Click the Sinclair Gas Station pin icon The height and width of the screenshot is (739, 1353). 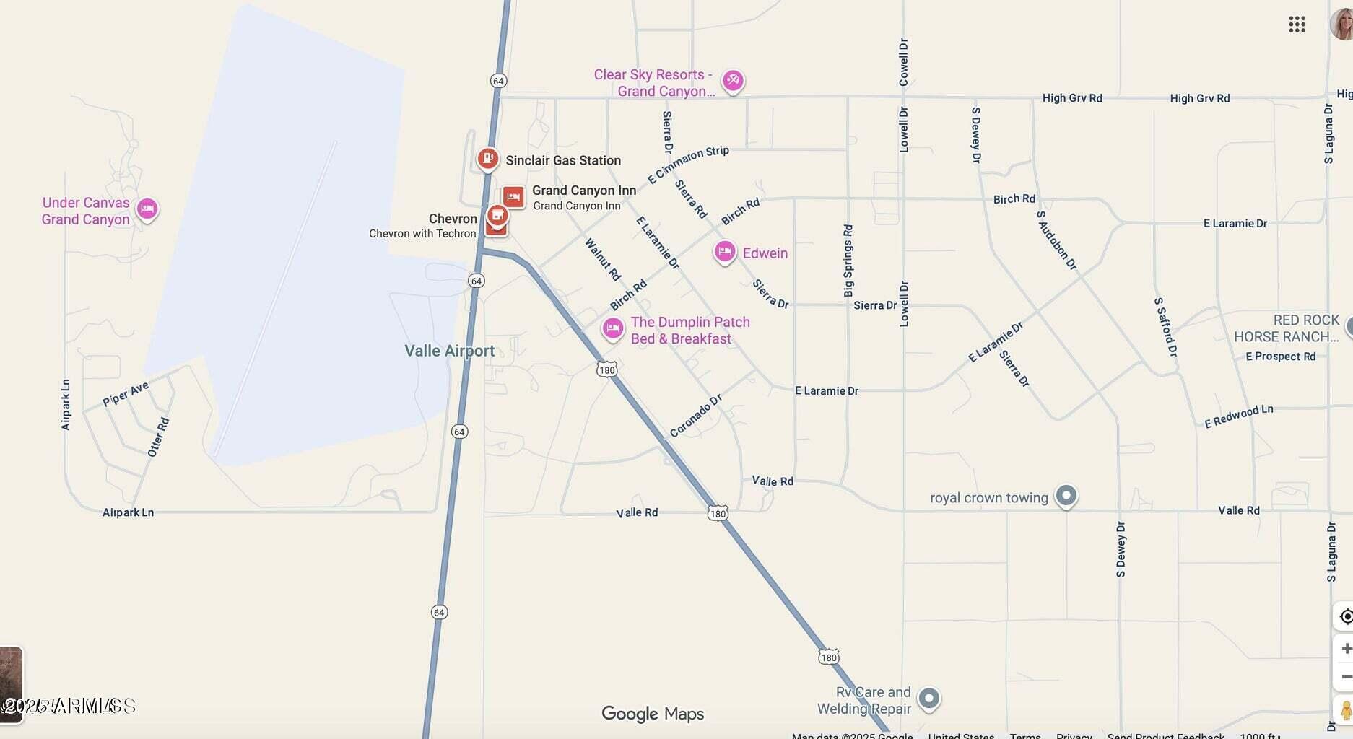click(x=488, y=158)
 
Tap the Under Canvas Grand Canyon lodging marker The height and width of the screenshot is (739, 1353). click(x=147, y=209)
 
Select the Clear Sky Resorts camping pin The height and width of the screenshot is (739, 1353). click(x=733, y=80)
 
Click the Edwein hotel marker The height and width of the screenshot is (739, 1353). click(x=725, y=252)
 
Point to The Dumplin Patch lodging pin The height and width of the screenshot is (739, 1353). click(x=613, y=328)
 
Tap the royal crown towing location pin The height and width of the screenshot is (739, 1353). click(x=1066, y=496)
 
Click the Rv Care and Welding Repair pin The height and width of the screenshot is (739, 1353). click(x=928, y=698)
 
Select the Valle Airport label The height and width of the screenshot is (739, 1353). click(x=449, y=351)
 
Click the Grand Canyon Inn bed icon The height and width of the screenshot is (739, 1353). click(x=513, y=196)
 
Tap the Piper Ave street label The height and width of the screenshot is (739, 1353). click(x=126, y=394)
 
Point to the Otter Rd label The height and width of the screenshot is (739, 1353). click(x=158, y=437)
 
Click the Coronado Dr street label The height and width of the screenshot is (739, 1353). click(x=695, y=416)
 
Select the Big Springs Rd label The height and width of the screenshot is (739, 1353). click(x=848, y=261)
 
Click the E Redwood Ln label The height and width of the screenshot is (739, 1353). click(x=1238, y=416)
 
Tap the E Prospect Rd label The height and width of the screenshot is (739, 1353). click(x=1280, y=356)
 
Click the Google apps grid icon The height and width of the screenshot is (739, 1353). click(x=1297, y=25)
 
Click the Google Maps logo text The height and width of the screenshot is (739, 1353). click(x=653, y=714)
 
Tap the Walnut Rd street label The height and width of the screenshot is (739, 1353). click(x=603, y=259)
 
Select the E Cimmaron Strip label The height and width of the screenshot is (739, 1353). click(x=688, y=164)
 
